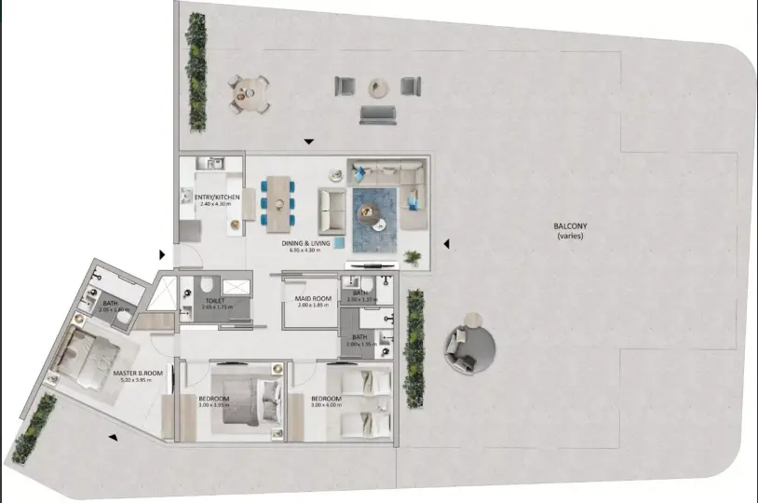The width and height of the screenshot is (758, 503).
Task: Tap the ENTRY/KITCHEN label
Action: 217,197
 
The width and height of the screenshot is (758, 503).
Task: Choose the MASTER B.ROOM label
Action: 138,374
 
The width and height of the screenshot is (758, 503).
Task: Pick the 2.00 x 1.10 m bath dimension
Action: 359,300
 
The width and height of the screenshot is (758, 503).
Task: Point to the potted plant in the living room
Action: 411,256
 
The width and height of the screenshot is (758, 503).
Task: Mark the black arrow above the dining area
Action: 308,143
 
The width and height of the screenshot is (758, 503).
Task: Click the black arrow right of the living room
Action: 447,244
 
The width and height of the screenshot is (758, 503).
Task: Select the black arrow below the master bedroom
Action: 113,437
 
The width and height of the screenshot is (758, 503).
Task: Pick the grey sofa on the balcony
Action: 377,116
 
